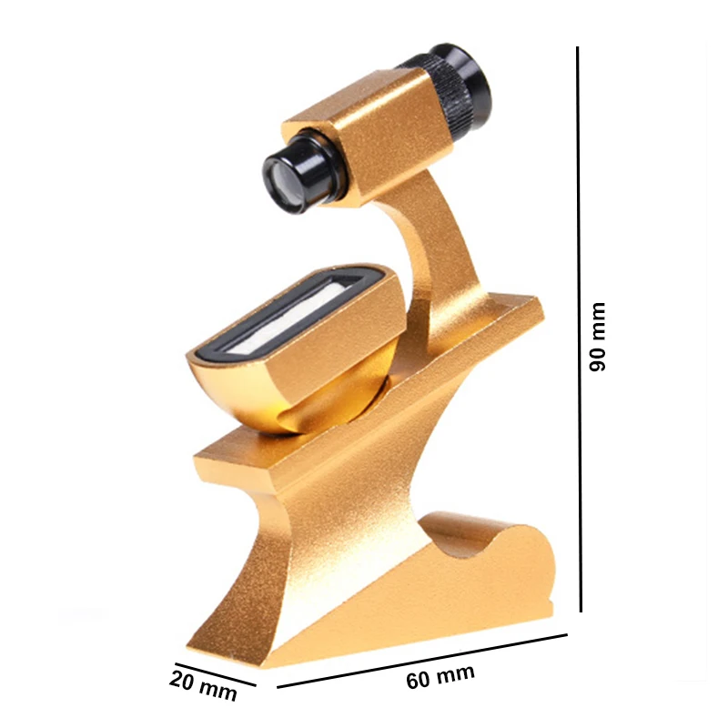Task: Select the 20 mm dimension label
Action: (203, 684)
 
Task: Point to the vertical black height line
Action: (579, 328)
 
